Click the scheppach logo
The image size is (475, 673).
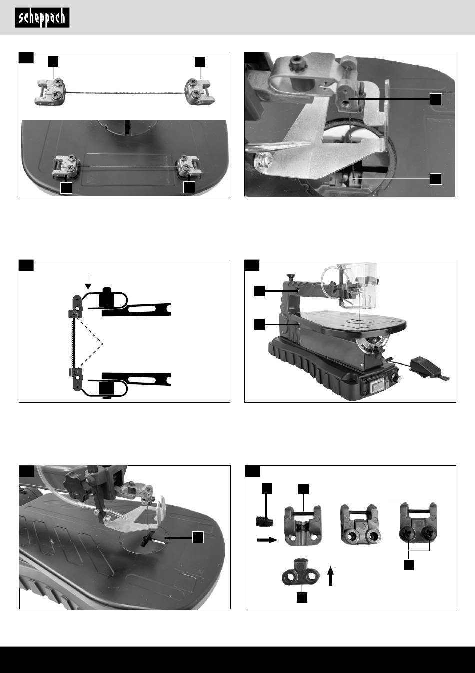click(42, 18)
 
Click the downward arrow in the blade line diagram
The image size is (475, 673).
click(88, 280)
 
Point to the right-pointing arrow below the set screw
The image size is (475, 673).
click(265, 540)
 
